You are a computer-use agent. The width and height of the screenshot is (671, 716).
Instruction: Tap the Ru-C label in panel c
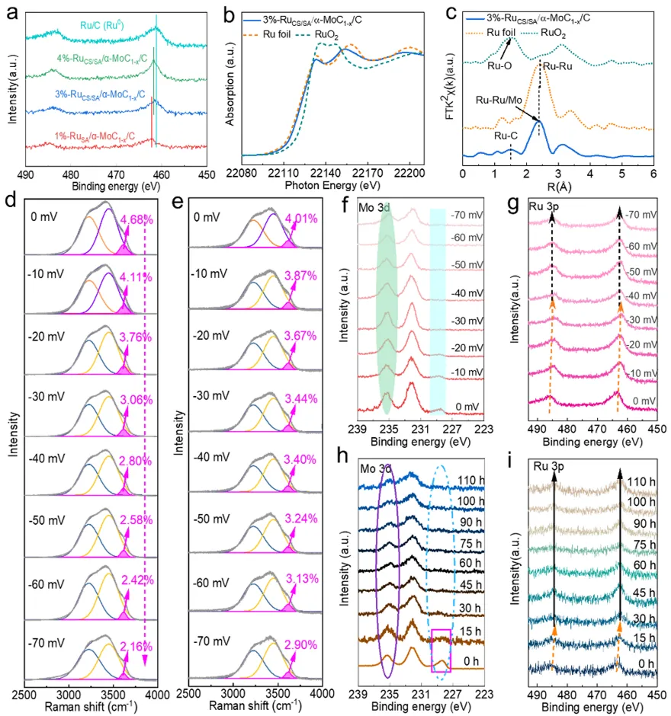pos(504,136)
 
